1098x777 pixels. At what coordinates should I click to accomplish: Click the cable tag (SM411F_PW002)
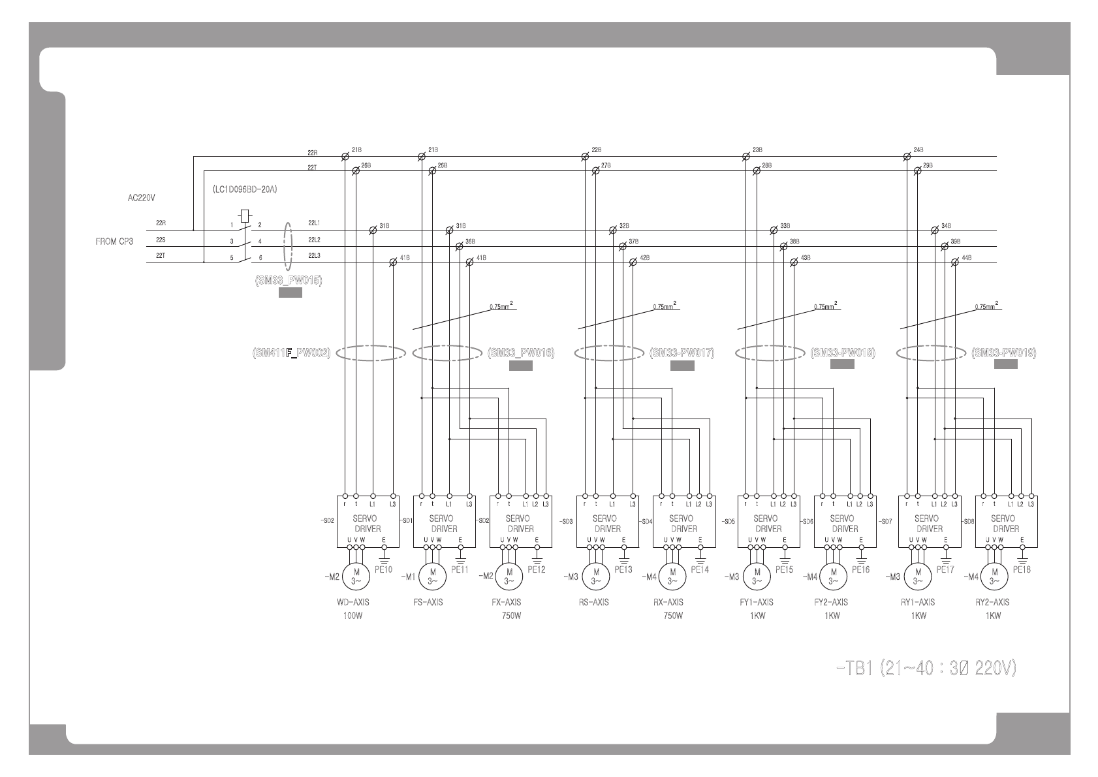click(291, 353)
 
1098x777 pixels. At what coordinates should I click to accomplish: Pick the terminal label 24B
click(918, 150)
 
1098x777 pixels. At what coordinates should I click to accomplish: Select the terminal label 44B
click(967, 258)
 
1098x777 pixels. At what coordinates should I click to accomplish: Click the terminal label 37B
click(633, 242)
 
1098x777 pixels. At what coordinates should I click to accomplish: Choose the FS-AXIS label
click(428, 602)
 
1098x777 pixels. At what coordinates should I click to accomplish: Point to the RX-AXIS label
click(668, 602)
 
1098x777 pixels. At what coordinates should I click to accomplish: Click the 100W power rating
click(352, 616)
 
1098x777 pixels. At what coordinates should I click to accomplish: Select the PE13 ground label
click(623, 569)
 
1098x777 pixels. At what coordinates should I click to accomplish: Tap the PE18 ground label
click(1022, 569)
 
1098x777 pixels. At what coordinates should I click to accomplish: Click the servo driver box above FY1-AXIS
click(769, 521)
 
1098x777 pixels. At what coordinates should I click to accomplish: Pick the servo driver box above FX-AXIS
click(521, 521)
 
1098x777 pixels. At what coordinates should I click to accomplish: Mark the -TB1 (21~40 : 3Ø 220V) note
click(925, 669)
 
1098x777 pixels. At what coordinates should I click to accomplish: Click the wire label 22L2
click(314, 240)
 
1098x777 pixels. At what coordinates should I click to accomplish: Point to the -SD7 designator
click(885, 521)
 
